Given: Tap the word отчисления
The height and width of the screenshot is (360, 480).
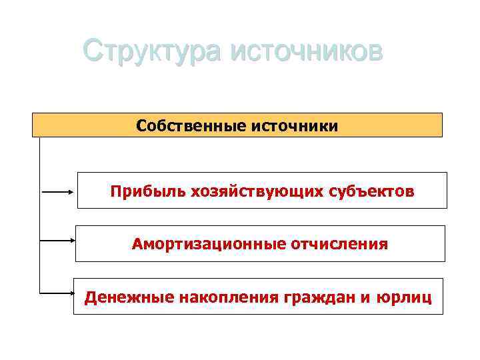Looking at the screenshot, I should [339, 244].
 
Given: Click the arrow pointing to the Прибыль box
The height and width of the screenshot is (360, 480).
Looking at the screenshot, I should [59, 191].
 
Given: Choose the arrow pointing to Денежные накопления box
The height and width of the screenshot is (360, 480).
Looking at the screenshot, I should [56, 291].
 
